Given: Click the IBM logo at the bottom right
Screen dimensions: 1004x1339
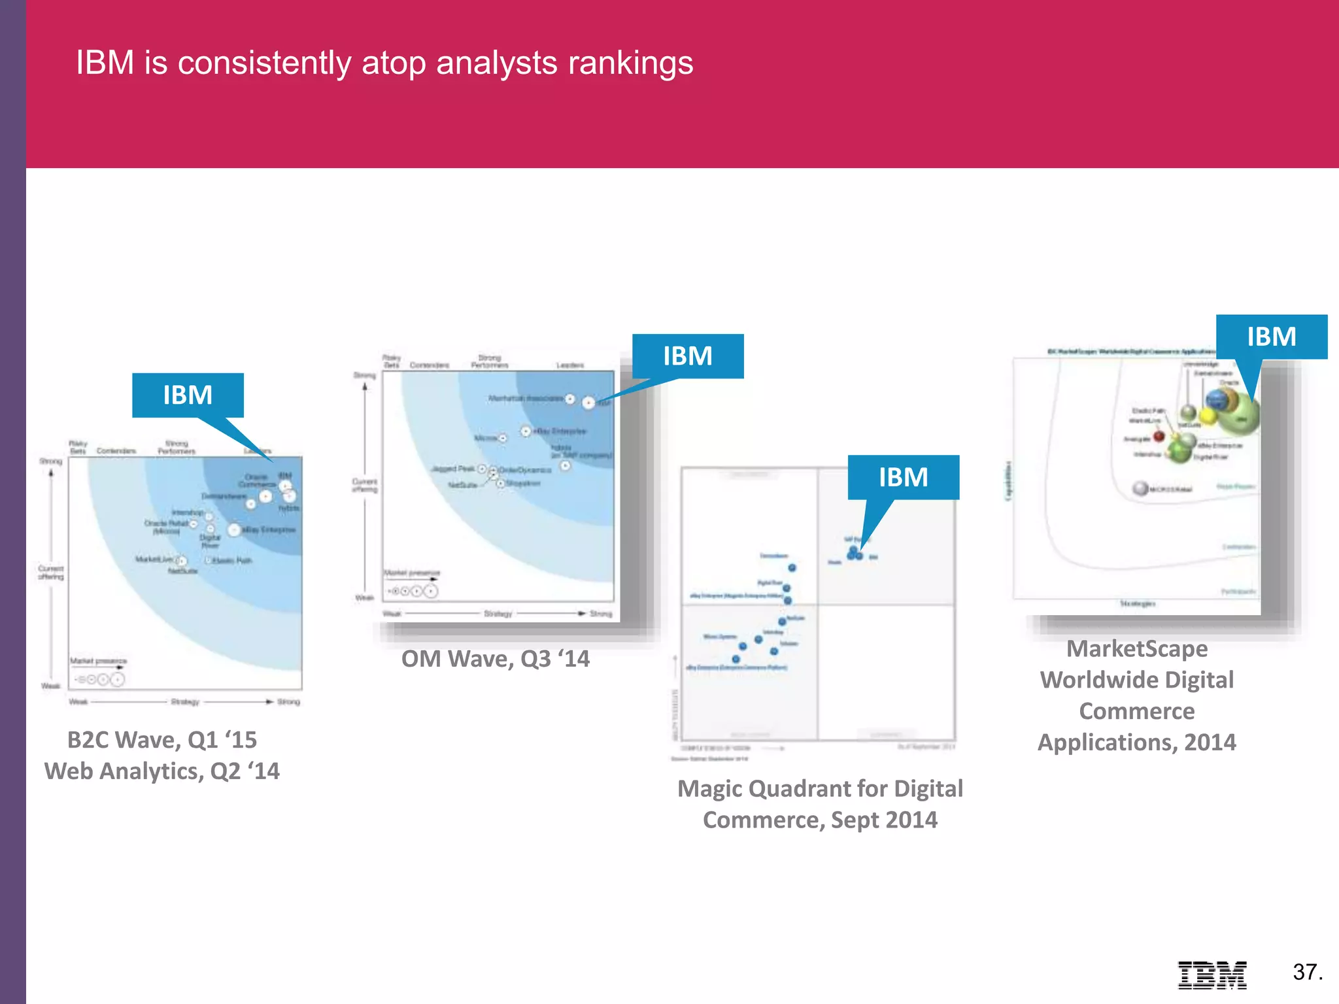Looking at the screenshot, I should (1212, 975).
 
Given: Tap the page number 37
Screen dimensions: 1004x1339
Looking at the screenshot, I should (1307, 972).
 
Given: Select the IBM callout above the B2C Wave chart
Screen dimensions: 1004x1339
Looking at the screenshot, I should (188, 395).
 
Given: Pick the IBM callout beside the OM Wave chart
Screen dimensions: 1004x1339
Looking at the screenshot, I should (688, 356).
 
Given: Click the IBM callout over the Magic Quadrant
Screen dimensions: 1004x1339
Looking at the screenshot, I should (903, 477).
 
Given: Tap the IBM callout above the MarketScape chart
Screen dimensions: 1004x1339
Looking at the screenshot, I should (1271, 337).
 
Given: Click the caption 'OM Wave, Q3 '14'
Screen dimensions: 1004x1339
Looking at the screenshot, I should (495, 659).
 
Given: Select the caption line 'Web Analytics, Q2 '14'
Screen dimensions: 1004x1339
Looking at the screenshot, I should (161, 771).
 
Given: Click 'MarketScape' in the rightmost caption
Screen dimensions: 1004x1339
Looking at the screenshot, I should (1137, 649).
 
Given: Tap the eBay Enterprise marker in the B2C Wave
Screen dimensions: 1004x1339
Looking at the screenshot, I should (234, 529).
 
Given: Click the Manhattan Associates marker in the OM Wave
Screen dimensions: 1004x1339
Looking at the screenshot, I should (570, 399).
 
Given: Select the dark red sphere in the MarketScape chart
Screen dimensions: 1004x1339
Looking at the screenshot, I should (1159, 436).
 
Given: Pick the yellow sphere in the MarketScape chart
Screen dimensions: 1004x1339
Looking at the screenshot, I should (1208, 416).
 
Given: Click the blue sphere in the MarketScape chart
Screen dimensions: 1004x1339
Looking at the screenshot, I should (1217, 399).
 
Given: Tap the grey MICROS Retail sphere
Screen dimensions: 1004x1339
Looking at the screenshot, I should (1140, 488).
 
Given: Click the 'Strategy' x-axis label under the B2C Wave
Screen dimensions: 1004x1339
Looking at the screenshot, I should (185, 702).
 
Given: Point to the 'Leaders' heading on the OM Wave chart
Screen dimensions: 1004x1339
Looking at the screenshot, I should (569, 365).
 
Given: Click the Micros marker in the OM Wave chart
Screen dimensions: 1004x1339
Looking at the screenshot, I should (502, 438).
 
